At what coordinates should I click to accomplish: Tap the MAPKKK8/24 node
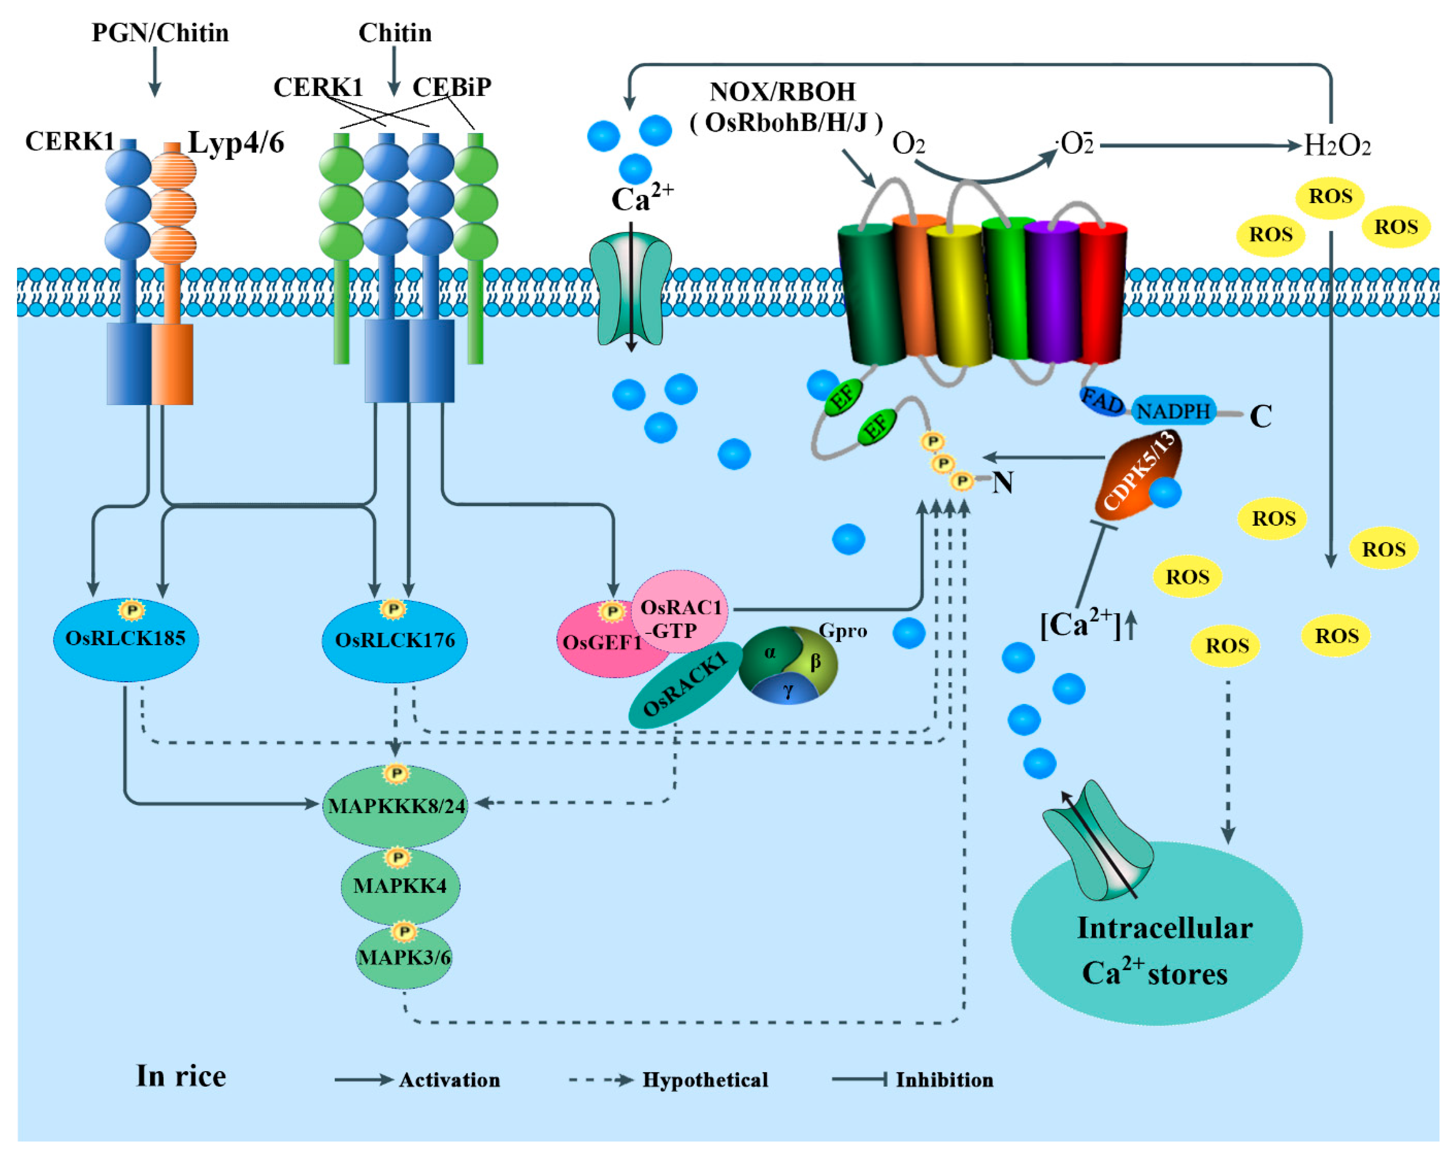[x=395, y=806]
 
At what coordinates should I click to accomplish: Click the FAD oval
[x=1102, y=402]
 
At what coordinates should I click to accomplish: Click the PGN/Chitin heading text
[x=160, y=33]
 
